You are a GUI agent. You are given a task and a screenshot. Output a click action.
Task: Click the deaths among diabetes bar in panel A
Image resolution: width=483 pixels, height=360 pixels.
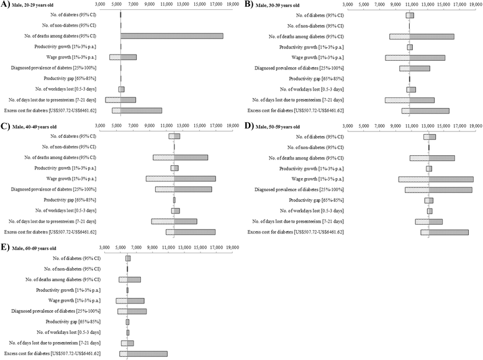[172, 36]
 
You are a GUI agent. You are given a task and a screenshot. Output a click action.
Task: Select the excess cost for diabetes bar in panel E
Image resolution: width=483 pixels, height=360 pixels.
[143, 354]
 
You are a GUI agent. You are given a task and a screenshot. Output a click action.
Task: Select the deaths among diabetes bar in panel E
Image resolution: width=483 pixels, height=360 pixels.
[133, 279]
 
